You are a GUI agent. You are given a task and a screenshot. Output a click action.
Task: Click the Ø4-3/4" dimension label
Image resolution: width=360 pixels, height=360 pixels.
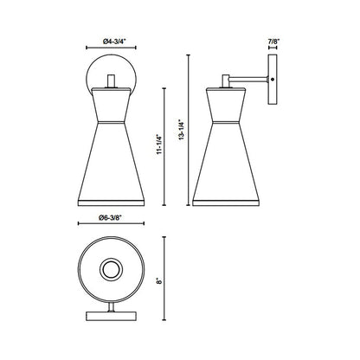(x=110, y=39)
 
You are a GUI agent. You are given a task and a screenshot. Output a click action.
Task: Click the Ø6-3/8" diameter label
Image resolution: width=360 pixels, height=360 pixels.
(x=110, y=217)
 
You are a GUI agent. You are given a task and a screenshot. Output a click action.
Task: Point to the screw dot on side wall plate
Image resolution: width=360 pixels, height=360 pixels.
(x=273, y=80)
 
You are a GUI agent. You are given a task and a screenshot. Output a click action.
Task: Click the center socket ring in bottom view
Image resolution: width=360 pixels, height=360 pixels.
(x=110, y=271)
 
